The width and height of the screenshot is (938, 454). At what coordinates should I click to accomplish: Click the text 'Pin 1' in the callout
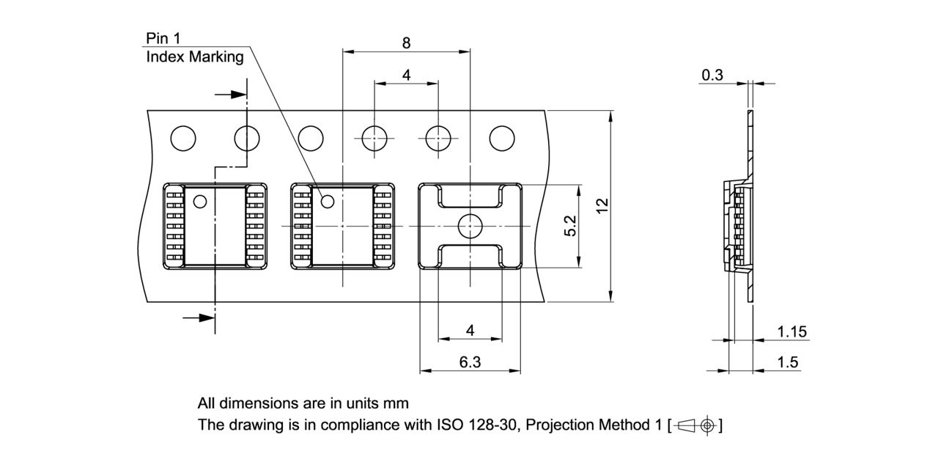click(x=163, y=39)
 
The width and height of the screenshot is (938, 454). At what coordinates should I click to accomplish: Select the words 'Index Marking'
click(x=195, y=57)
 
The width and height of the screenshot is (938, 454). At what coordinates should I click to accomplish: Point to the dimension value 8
click(x=406, y=43)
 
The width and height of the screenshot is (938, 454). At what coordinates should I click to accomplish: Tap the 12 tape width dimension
click(x=602, y=206)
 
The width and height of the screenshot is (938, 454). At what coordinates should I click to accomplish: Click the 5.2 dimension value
click(x=571, y=226)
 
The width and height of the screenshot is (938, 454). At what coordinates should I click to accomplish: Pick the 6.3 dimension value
click(x=470, y=362)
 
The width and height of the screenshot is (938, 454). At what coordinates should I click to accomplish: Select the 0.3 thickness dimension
click(x=712, y=75)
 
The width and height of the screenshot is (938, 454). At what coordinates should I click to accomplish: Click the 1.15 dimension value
click(x=791, y=332)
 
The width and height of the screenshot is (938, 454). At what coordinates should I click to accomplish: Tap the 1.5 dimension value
click(x=789, y=362)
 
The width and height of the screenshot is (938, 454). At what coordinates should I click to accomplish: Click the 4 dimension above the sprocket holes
click(x=406, y=75)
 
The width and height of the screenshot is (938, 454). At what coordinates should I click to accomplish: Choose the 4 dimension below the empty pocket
click(x=470, y=331)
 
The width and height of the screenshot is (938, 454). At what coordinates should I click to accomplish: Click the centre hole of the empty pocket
click(x=469, y=227)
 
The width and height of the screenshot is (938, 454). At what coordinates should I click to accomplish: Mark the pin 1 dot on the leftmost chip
click(x=199, y=200)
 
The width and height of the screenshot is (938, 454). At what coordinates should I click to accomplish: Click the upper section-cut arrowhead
click(x=237, y=95)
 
